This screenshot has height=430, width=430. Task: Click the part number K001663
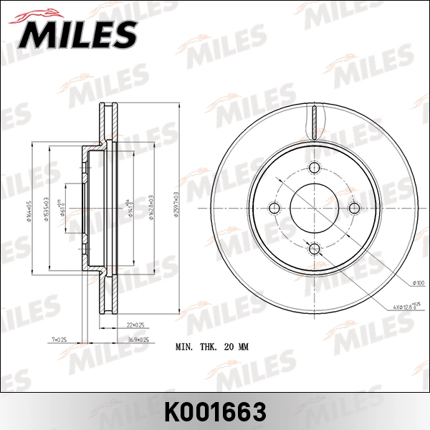click(215, 411)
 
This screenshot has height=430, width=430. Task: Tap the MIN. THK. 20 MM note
click(212, 347)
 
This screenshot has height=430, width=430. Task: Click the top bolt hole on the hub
click(314, 168)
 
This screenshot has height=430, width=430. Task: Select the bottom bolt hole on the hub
click(314, 248)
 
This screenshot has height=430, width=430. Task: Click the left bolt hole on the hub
click(274, 209)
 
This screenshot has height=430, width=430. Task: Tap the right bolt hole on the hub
click(353, 209)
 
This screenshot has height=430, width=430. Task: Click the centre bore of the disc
click(314, 209)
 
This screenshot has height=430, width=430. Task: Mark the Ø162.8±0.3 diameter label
click(150, 208)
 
